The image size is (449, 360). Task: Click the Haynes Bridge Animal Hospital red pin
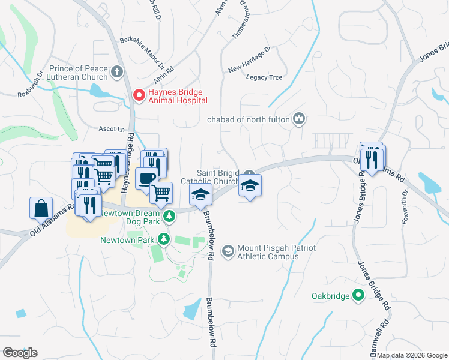tap(139, 95)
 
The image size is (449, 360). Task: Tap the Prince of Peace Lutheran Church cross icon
tap(118, 73)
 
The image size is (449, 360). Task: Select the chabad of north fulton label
tap(249, 119)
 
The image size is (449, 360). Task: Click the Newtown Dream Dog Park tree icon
tap(170, 214)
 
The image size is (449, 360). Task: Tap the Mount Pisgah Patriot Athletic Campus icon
tap(228, 250)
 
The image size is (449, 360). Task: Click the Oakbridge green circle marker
tap(358, 295)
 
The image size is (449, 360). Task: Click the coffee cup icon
tap(146, 178)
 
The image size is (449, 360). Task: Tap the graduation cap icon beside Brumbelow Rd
tap(201, 194)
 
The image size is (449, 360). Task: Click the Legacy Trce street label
tap(265, 77)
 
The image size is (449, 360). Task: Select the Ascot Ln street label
tap(111, 129)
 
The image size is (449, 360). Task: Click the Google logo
tap(20, 353)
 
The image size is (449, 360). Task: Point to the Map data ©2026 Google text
tap(411, 355)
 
